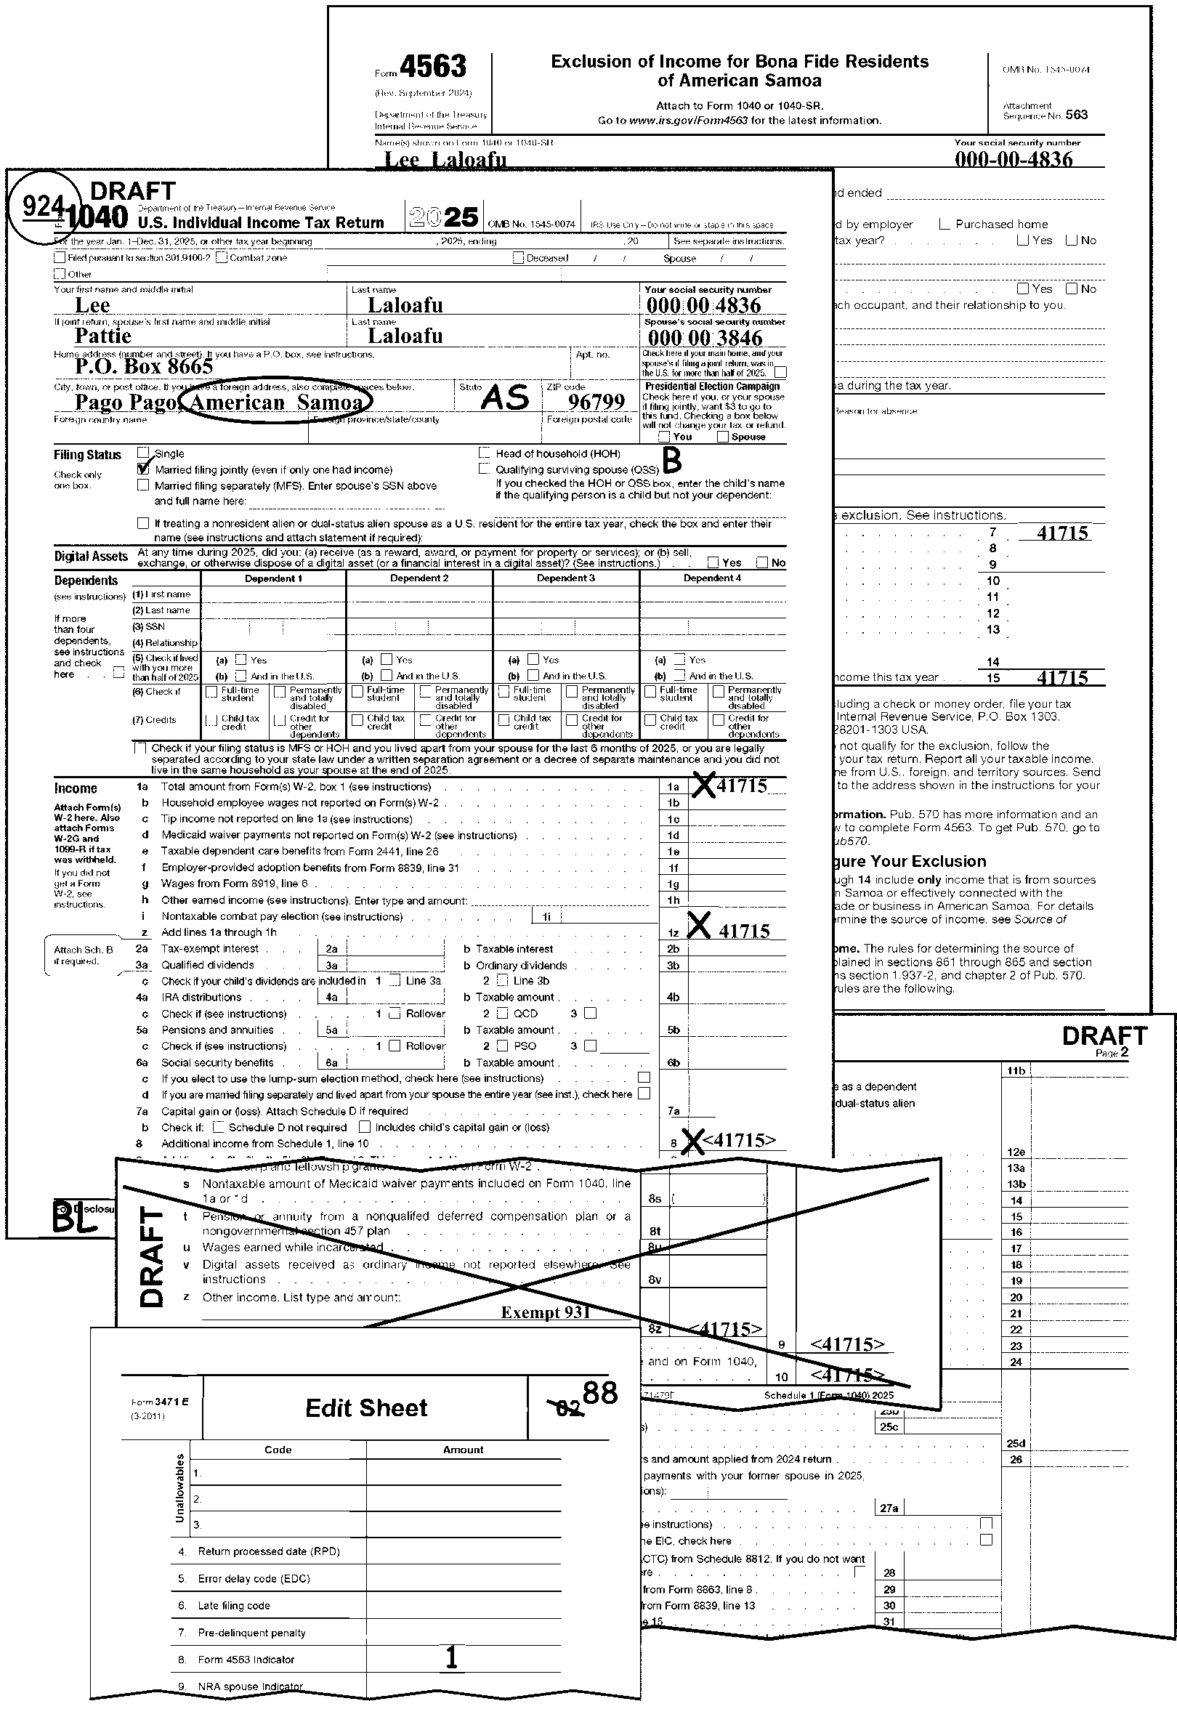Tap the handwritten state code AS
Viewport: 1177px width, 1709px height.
click(x=505, y=399)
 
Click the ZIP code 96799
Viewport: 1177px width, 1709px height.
click(x=596, y=402)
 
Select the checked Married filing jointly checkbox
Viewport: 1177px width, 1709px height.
click(x=143, y=469)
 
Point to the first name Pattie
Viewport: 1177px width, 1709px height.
click(x=102, y=336)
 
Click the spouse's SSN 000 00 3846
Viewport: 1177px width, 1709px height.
click(x=704, y=338)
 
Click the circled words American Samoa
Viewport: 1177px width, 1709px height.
click(x=277, y=403)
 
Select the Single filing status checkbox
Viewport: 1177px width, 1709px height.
click(x=143, y=453)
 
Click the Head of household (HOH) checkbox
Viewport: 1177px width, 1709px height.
click(x=485, y=453)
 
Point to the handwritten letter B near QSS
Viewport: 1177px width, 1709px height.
click(x=672, y=461)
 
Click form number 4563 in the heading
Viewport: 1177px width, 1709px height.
click(x=433, y=67)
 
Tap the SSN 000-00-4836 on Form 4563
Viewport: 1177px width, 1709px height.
click(x=1014, y=159)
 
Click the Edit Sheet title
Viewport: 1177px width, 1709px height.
click(x=365, y=1407)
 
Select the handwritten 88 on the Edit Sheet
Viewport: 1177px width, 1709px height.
click(x=599, y=1393)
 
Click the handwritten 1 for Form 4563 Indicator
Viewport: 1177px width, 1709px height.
click(x=452, y=1657)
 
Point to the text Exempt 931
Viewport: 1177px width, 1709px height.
click(x=545, y=1312)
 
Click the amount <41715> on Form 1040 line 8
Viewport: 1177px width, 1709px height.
click(x=739, y=1140)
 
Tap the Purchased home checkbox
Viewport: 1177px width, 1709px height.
click(x=945, y=225)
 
